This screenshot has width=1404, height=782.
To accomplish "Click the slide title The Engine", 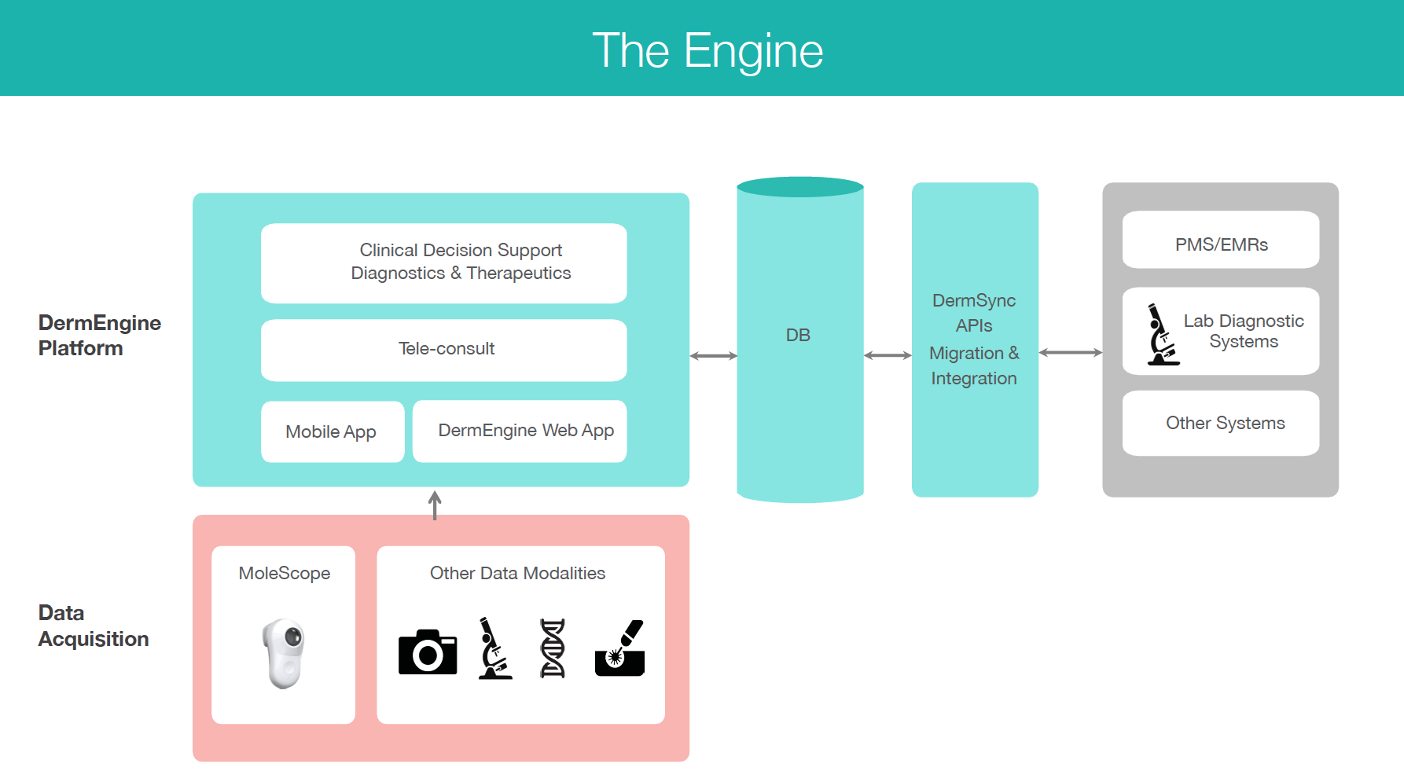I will click(x=708, y=50).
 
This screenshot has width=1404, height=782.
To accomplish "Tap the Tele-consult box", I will click(x=444, y=349).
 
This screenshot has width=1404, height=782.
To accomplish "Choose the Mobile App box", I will click(x=332, y=431).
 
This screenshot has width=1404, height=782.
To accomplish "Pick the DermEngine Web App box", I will click(x=520, y=431).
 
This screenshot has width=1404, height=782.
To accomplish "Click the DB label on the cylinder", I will click(x=798, y=336).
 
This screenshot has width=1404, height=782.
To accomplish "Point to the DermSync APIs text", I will click(x=974, y=313).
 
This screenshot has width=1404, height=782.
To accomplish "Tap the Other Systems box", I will click(x=1221, y=423).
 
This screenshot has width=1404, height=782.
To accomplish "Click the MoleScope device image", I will click(x=284, y=653).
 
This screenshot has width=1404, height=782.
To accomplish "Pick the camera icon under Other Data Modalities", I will click(x=428, y=652).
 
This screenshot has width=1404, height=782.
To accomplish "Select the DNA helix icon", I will click(x=553, y=648).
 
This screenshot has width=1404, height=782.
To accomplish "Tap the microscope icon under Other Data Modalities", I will click(x=494, y=648).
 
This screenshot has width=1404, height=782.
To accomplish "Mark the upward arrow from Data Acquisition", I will click(x=435, y=505).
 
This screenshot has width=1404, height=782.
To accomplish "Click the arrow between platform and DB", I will click(x=713, y=356).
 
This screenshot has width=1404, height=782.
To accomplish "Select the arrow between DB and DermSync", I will click(x=888, y=355).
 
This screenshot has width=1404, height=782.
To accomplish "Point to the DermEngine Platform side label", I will click(x=99, y=336).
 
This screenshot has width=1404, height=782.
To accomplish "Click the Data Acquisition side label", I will click(x=93, y=626).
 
